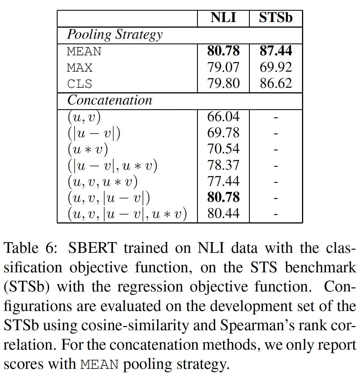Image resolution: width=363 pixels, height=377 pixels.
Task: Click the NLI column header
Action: point(223,18)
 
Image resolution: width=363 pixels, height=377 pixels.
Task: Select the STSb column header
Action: point(275,18)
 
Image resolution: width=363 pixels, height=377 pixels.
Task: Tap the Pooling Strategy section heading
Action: point(115,35)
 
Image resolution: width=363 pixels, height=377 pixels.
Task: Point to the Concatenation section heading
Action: point(110,100)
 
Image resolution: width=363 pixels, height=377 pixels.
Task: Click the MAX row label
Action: point(80,68)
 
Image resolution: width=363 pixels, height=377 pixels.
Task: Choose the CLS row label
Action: point(80,84)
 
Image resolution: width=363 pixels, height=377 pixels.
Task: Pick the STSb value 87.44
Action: point(275,51)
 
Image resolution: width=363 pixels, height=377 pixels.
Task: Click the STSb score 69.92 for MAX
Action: point(275,67)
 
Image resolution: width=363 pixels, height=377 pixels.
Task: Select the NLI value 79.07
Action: point(223,67)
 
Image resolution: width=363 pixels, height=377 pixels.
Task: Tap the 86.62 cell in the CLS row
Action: point(275,84)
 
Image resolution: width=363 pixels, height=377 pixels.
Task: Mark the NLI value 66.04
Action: point(223,117)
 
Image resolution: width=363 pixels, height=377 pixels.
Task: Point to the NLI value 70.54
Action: point(223,149)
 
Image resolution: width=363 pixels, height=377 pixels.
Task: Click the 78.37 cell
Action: point(223,165)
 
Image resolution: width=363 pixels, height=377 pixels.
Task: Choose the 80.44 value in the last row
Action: point(223,214)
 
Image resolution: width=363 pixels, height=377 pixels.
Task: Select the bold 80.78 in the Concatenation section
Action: point(223,198)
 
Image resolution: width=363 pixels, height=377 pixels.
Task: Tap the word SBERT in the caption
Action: point(92,248)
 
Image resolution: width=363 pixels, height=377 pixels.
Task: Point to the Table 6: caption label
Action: point(31,248)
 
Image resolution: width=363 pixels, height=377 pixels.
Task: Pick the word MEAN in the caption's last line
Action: point(99,365)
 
